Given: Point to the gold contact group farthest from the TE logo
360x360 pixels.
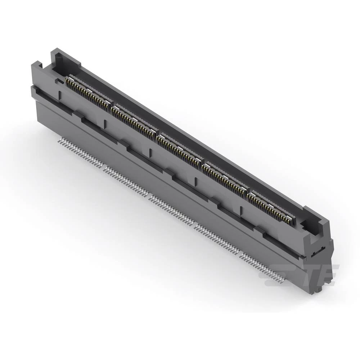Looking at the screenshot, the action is (x=89, y=93).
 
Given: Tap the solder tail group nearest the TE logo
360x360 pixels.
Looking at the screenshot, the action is (x=262, y=266).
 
